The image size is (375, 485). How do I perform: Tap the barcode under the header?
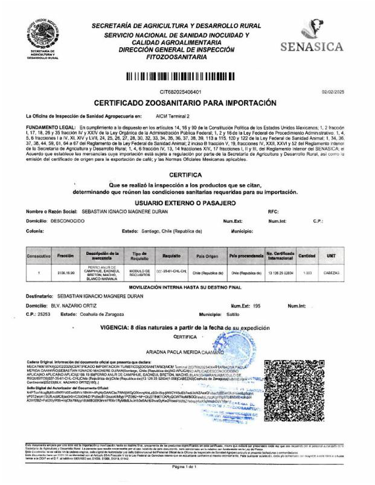187,77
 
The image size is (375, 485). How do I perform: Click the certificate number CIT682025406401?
181,91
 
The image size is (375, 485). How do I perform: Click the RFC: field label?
273,211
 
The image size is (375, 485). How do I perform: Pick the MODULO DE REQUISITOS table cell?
139,272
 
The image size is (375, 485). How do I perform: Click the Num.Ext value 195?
257,306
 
